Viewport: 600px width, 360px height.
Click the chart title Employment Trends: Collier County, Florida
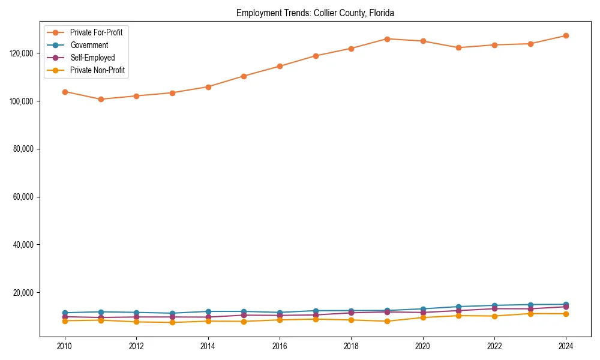315,13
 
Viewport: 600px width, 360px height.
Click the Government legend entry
89,45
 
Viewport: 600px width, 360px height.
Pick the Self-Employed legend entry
92,58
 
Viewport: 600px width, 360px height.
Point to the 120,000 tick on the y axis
23,53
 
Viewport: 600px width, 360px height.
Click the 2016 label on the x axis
280,346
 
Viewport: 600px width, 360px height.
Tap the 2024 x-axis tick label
566,346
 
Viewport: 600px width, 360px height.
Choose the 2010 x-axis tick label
65,346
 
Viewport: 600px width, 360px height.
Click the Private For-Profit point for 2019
387,39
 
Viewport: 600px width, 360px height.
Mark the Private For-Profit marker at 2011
101,100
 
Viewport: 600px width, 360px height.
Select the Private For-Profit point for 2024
566,35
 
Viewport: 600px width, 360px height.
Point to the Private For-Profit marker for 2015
244,76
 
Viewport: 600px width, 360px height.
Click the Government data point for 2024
566,305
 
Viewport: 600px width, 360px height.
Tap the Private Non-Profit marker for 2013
172,322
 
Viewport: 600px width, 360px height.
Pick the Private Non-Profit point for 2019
387,321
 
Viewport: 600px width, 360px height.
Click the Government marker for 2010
65,313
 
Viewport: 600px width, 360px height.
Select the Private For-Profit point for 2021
458,47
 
